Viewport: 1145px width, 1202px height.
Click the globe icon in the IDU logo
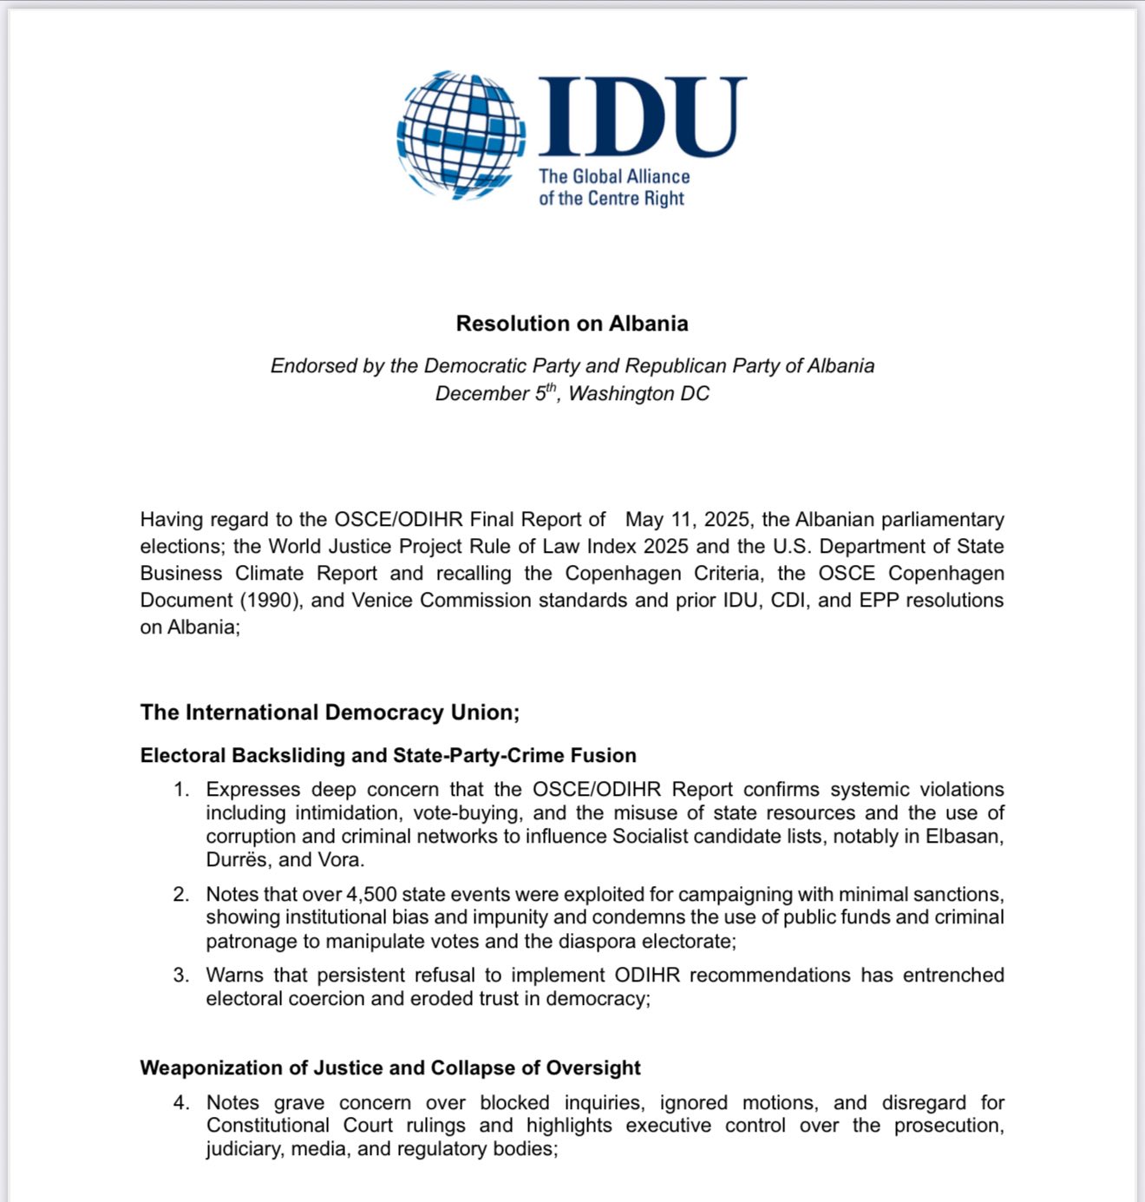click(461, 135)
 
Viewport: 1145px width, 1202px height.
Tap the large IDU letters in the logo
click(642, 117)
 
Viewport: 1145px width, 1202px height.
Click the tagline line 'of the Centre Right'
click(612, 199)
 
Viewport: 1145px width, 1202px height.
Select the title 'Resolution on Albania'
click(572, 324)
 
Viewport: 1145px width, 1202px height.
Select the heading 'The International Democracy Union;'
click(330, 713)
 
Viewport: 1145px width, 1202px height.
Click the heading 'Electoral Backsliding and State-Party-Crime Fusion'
click(388, 756)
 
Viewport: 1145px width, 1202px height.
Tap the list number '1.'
click(181, 790)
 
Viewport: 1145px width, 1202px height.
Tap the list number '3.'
click(181, 975)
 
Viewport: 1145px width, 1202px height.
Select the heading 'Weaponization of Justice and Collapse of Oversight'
click(390, 1068)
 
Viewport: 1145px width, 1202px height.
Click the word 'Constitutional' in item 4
click(267, 1126)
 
